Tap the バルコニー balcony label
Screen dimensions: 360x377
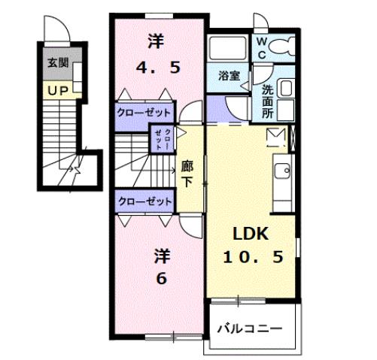pos(250,328)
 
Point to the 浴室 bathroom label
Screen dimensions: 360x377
pos(228,76)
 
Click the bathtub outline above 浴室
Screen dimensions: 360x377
pos(229,50)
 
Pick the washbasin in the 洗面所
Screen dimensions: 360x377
pos(287,89)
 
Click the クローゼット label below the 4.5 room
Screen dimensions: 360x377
pos(144,113)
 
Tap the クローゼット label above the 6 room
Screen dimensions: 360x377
pos(144,201)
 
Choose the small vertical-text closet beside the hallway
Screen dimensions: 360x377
pos(163,138)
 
